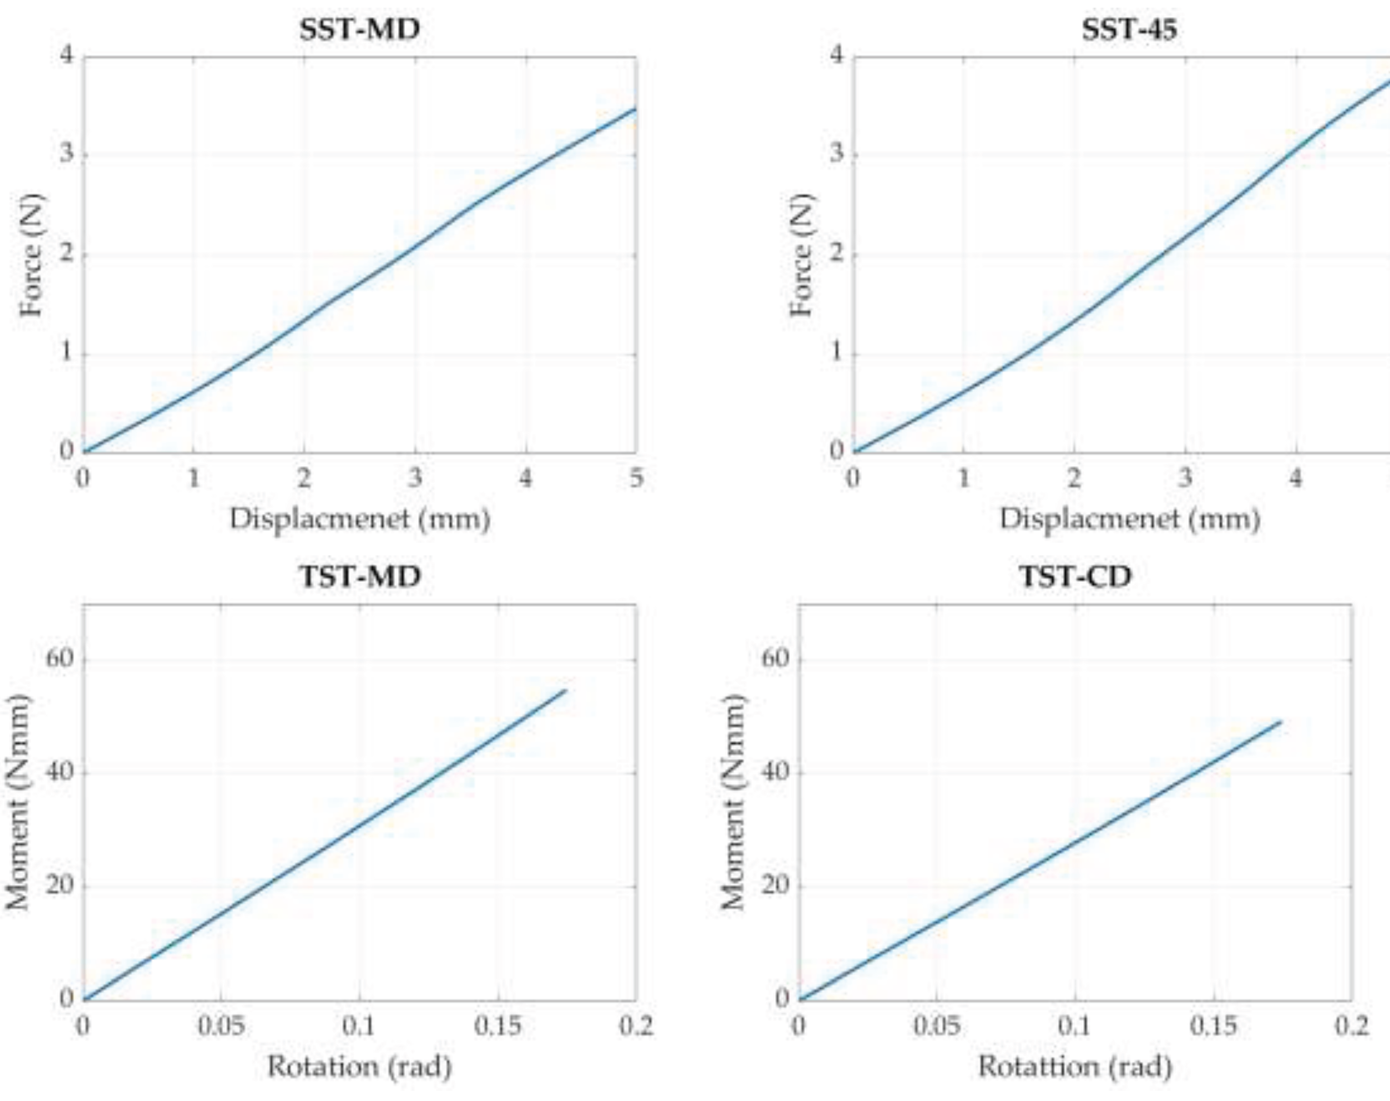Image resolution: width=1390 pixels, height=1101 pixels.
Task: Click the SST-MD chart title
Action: [x=359, y=30]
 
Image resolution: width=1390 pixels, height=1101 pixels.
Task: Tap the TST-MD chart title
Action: [x=359, y=575]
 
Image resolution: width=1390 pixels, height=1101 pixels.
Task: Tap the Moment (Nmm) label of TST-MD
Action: [x=18, y=802]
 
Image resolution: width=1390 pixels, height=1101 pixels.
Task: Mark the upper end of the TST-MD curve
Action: [x=566, y=690]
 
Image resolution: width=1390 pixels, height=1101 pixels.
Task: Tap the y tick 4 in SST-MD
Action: [x=67, y=56]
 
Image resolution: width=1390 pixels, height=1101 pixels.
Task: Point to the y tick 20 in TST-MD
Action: [x=59, y=885]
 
